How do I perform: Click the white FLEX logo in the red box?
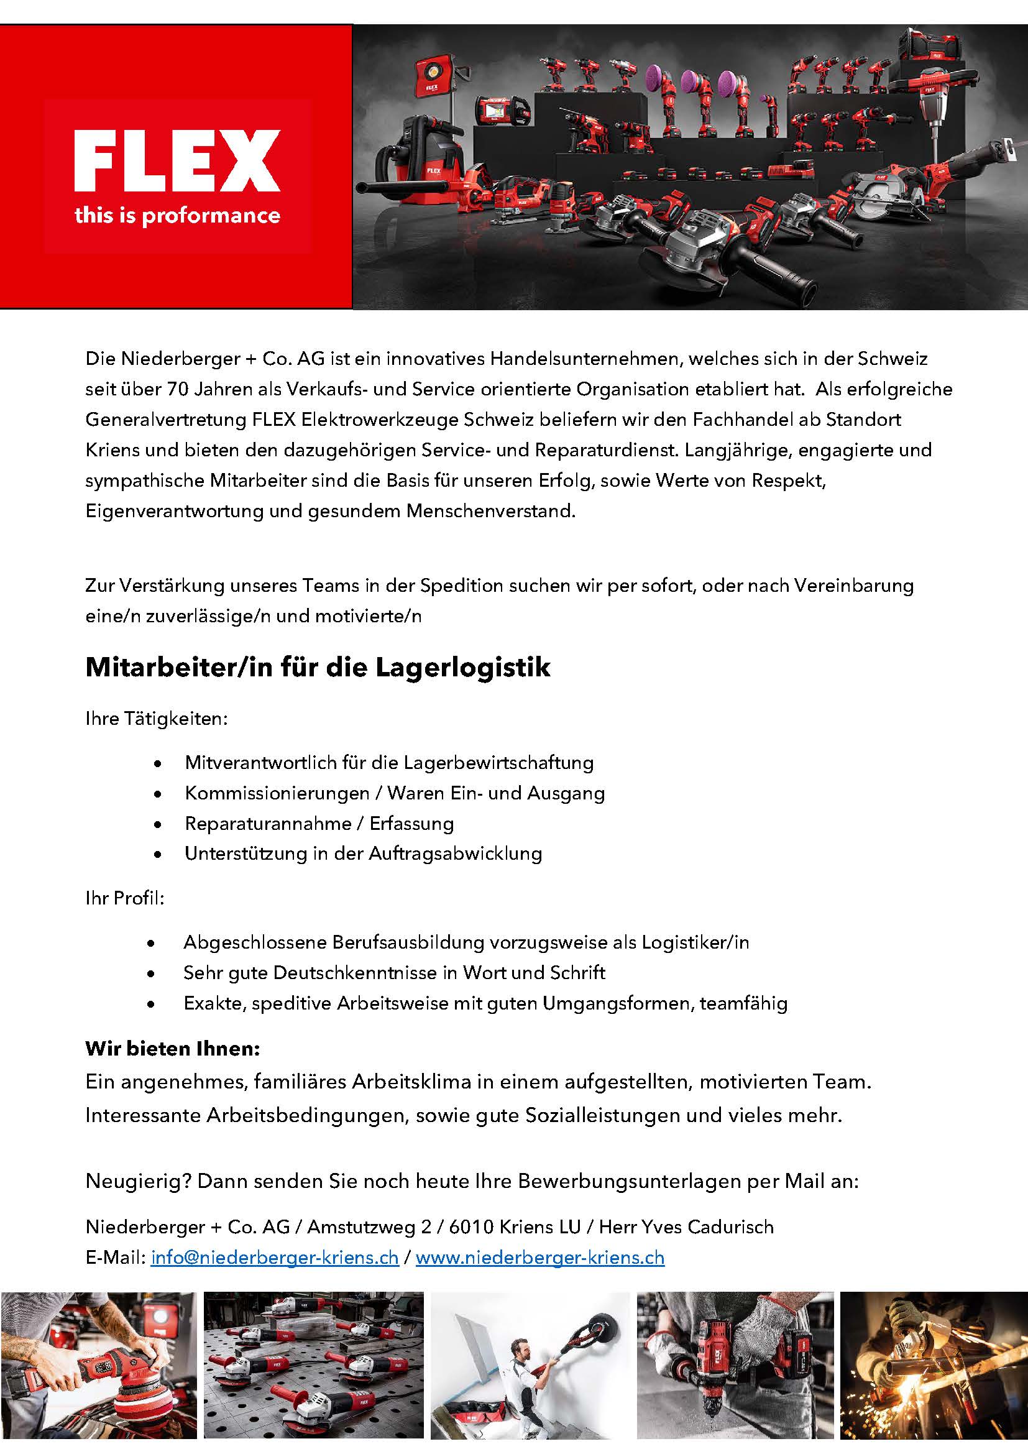pyautogui.click(x=177, y=161)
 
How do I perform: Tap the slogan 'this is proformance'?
pyautogui.click(x=177, y=216)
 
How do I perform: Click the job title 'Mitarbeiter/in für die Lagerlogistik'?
pyautogui.click(x=318, y=668)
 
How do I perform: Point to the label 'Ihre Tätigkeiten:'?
pyautogui.click(x=157, y=719)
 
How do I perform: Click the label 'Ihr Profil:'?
pyautogui.click(x=125, y=898)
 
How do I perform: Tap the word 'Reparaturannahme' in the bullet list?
pyautogui.click(x=268, y=823)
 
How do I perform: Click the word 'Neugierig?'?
pyautogui.click(x=139, y=1181)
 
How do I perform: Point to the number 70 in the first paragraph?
pyautogui.click(x=178, y=389)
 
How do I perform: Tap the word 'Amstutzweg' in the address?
pyautogui.click(x=362, y=1226)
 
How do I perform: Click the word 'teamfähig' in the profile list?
pyautogui.click(x=743, y=1003)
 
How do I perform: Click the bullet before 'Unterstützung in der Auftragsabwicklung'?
pyautogui.click(x=158, y=854)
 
